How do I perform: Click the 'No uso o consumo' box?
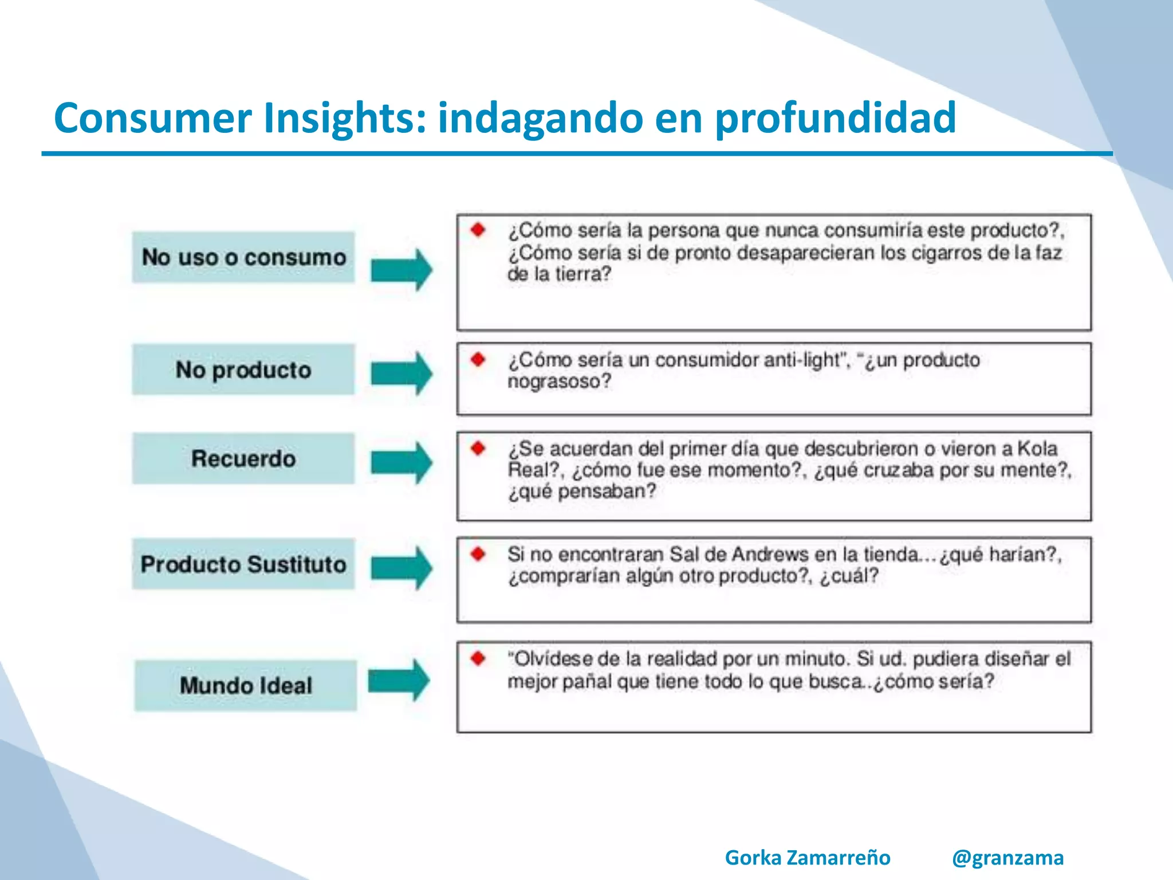tap(243, 257)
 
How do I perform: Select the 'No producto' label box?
tap(243, 370)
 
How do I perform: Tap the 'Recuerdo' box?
tap(243, 459)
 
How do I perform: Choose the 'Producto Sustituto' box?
tap(243, 564)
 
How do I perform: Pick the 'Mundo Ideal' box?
tap(246, 686)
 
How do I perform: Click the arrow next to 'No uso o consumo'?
tap(402, 269)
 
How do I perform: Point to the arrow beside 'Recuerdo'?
tap(402, 463)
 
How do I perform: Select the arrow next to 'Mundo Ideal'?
tap(399, 681)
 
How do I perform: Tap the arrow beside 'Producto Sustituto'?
tap(402, 568)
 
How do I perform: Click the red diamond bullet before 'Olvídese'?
tap(478, 658)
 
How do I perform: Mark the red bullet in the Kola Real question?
tap(478, 448)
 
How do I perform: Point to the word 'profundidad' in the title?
tap(836, 118)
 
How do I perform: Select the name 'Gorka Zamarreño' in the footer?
tap(808, 858)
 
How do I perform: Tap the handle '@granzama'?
tap(1007, 858)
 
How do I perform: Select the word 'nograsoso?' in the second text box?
tap(559, 382)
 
